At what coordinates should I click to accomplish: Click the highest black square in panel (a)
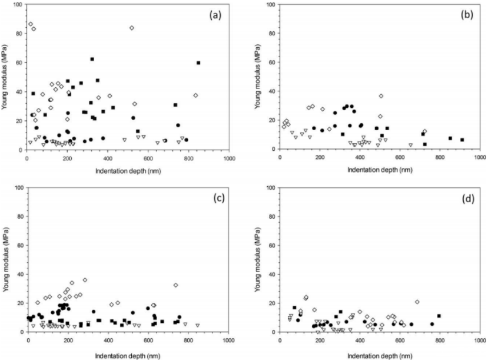(x=92, y=59)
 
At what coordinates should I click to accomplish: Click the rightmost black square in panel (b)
(x=462, y=140)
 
